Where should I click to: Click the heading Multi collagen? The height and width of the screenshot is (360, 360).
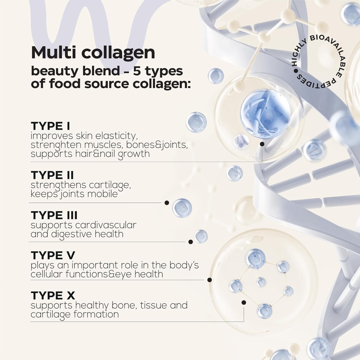pyautogui.click(x=93, y=53)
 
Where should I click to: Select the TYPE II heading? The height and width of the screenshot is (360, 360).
pyautogui.click(x=52, y=175)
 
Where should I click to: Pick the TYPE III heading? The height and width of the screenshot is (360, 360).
pyautogui.click(x=54, y=215)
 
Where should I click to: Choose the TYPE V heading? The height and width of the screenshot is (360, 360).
pyautogui.click(x=53, y=256)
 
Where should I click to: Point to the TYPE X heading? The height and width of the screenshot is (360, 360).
pyautogui.click(x=53, y=296)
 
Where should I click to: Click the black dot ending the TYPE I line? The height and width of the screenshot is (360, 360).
pyautogui.click(x=262, y=144)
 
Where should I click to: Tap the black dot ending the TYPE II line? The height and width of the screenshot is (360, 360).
pyautogui.click(x=167, y=202)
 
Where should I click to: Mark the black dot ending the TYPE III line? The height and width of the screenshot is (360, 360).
pyautogui.click(x=191, y=242)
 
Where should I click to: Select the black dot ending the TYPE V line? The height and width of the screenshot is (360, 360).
pyautogui.click(x=210, y=280)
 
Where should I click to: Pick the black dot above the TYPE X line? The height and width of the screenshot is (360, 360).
pyautogui.click(x=244, y=302)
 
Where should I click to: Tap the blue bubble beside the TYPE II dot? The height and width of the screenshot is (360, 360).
pyautogui.click(x=182, y=208)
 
